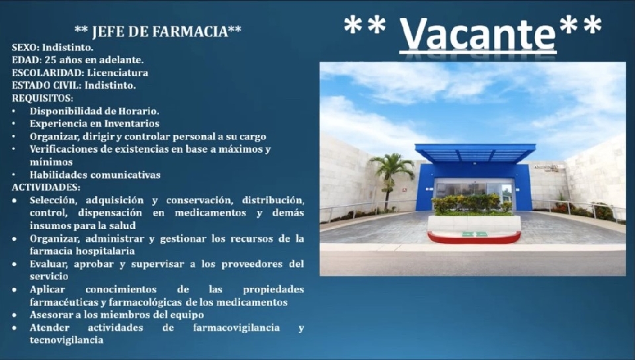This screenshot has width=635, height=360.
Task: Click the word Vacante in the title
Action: click(x=478, y=33)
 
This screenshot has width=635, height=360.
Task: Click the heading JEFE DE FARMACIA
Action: click(x=158, y=31)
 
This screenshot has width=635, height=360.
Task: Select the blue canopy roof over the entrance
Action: click(x=475, y=153)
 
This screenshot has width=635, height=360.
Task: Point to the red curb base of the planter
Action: click(x=474, y=238)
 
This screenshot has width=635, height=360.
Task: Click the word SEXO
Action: click(x=25, y=48)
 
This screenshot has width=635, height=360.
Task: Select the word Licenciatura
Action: click(x=118, y=73)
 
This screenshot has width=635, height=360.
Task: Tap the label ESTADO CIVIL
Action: click(x=46, y=85)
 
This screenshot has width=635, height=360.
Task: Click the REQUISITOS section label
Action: click(x=42, y=98)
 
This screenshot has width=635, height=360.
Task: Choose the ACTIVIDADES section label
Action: click(x=46, y=187)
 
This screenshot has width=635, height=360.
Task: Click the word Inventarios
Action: click(x=132, y=124)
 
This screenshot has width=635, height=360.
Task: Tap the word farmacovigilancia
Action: click(x=237, y=328)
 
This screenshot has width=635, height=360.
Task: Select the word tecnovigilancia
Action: click(x=66, y=339)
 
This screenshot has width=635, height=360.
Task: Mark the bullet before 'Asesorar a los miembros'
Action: click(x=15, y=315)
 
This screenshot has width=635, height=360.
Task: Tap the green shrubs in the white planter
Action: click(x=472, y=204)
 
